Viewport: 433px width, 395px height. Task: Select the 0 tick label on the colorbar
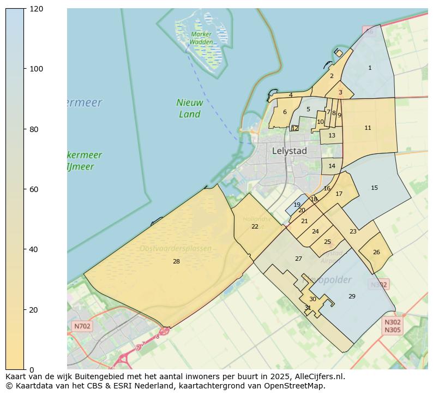(x=31, y=370)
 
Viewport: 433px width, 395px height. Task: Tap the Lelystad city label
(x=289, y=151)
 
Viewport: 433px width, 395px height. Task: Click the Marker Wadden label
(x=201, y=38)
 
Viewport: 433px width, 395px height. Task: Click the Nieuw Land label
(x=190, y=108)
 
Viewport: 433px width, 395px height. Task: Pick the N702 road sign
(x=82, y=326)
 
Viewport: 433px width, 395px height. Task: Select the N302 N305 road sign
(x=392, y=326)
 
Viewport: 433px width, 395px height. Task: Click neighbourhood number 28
(x=176, y=262)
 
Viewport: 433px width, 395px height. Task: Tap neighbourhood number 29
(x=352, y=296)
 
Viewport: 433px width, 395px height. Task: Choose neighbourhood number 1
(x=370, y=68)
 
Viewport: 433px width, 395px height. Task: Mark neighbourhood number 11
(x=368, y=128)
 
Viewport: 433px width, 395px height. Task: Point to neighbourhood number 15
(x=374, y=188)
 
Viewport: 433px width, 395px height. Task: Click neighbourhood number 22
(x=255, y=226)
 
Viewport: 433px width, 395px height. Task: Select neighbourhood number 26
(x=376, y=252)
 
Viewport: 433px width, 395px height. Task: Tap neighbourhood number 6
(x=285, y=112)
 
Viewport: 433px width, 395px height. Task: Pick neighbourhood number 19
(x=297, y=205)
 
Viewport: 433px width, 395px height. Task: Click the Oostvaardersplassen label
(x=175, y=249)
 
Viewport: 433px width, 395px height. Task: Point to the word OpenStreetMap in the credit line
(x=298, y=386)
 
